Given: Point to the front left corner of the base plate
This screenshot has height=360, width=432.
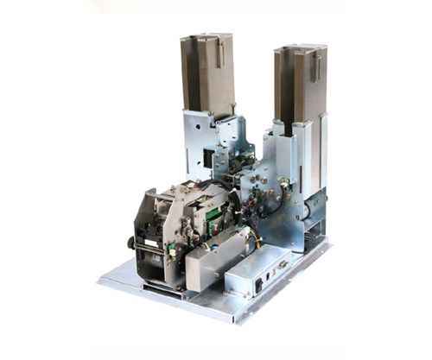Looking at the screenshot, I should coord(101,281).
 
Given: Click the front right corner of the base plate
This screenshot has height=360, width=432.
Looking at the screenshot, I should coord(232,320).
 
